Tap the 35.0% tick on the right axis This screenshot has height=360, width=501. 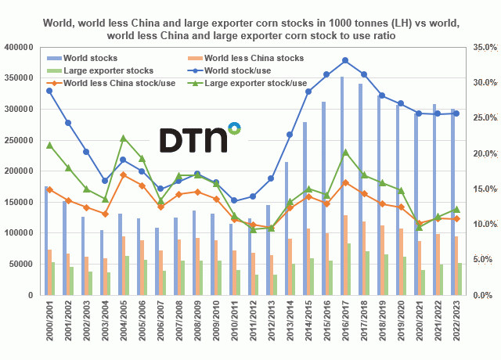479,48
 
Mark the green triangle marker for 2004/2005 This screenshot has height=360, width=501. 123,139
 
